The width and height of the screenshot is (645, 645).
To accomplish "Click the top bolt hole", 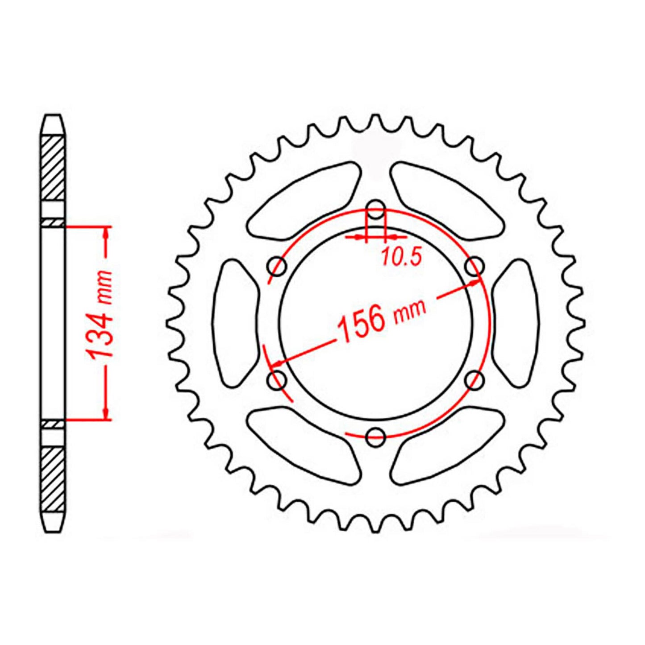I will [x=376, y=210].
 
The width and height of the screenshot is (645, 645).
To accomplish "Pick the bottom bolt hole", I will [x=375, y=437].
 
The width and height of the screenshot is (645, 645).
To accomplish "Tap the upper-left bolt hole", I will [x=277, y=266].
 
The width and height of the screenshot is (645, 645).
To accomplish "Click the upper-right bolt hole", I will [x=474, y=266].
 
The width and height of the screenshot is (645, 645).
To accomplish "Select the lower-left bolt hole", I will [x=277, y=380].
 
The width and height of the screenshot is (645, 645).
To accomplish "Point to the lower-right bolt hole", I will [x=474, y=380].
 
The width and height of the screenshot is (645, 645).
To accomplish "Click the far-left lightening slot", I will [x=236, y=323].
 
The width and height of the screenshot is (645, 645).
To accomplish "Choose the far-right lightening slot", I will [x=516, y=323].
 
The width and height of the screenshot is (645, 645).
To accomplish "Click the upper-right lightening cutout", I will [x=446, y=201].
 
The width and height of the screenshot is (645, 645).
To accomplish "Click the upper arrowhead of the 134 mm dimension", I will [x=106, y=233].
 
